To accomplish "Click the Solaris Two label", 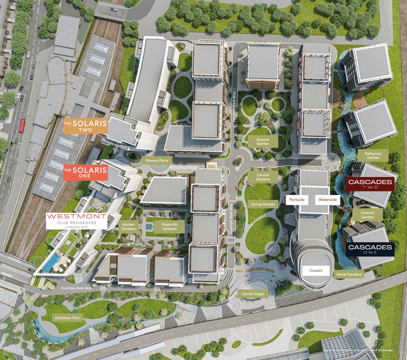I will pyautogui.click(x=86, y=126).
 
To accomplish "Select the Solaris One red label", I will pyautogui.click(x=86, y=173).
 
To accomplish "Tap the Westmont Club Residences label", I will pyautogui.click(x=76, y=221).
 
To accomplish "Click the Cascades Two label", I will pyautogui.click(x=370, y=184).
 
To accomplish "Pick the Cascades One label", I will pyautogui.click(x=370, y=249).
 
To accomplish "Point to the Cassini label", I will pyautogui.click(x=316, y=270).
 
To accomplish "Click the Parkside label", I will pyautogui.click(x=297, y=199).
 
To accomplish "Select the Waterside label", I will pyautogui.click(x=327, y=199).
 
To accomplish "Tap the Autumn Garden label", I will pyautogui.click(x=263, y=142).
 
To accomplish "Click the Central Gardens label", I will pyautogui.click(x=263, y=177).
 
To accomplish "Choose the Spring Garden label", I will pyautogui.click(x=263, y=204).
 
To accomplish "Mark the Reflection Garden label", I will pyautogui.click(x=373, y=155).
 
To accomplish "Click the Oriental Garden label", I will pyautogui.click(x=367, y=215).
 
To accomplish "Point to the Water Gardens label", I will pyautogui.click(x=349, y=274).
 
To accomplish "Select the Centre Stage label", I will pyautogui.click(x=252, y=294).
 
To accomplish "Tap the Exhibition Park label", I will pyautogui.click(x=67, y=318).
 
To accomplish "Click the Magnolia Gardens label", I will pyautogui.click(x=169, y=227).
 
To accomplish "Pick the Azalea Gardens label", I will pyautogui.click(x=128, y=227).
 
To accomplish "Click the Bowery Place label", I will pyautogui.click(x=157, y=160).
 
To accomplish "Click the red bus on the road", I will pyautogui.click(x=23, y=125).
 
